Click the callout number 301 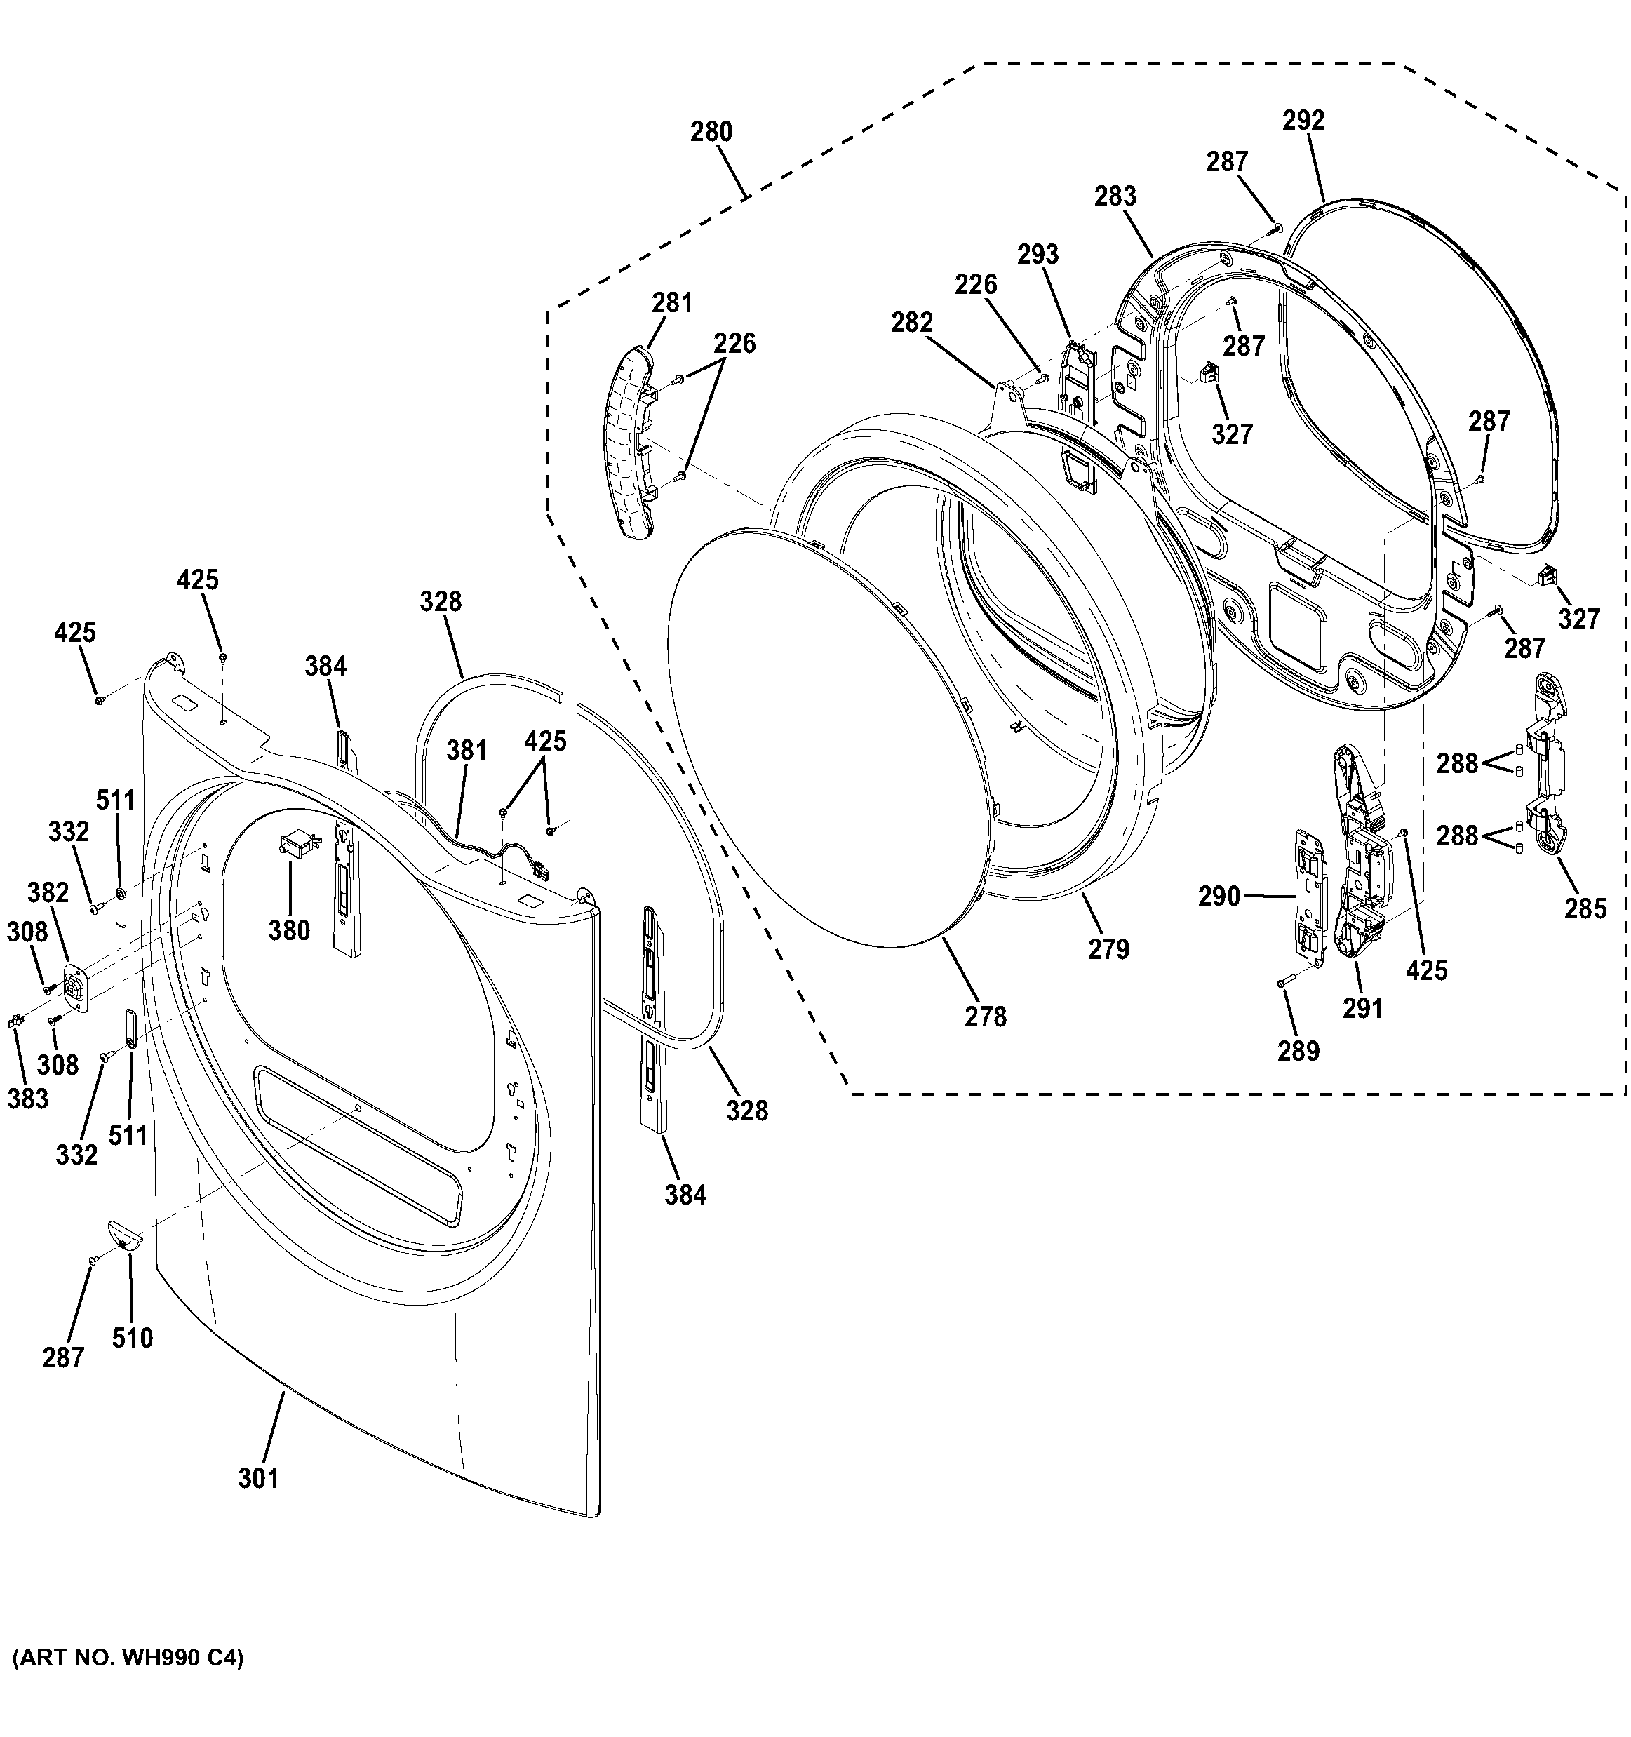click(x=259, y=1477)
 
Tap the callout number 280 click(x=711, y=132)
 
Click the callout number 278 click(x=986, y=1016)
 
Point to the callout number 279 click(x=1108, y=949)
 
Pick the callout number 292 click(x=1303, y=121)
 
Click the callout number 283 click(x=1115, y=196)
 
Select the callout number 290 click(x=1219, y=897)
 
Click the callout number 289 click(x=1298, y=1051)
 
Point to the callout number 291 click(x=1363, y=1008)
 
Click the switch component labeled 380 click(x=295, y=845)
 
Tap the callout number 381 click(x=467, y=751)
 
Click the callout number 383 click(x=28, y=1099)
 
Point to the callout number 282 click(x=912, y=323)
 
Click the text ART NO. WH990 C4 click(x=128, y=1658)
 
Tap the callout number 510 click(x=132, y=1338)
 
